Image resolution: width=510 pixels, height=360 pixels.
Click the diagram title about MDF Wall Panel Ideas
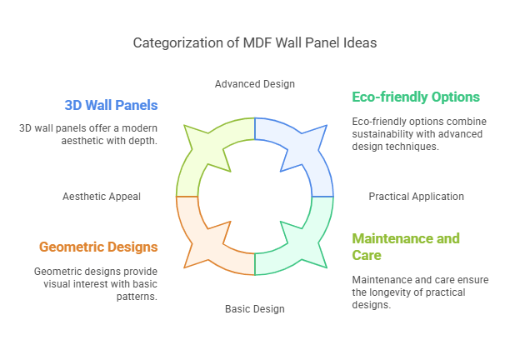pyautogui.click(x=254, y=42)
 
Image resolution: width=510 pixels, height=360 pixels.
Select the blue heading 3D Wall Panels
pyautogui.click(x=111, y=105)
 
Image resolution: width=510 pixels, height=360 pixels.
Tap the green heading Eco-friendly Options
pyautogui.click(x=416, y=97)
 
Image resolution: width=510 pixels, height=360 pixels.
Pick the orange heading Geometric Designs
pyautogui.click(x=98, y=247)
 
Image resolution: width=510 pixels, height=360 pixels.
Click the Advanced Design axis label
pyautogui.click(x=254, y=83)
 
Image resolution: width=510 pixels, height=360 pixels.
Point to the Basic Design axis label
pyautogui.click(x=254, y=309)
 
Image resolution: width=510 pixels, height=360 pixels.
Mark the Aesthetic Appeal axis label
pyautogui.click(x=102, y=197)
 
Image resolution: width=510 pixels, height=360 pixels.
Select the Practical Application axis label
pyautogui.click(x=416, y=197)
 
